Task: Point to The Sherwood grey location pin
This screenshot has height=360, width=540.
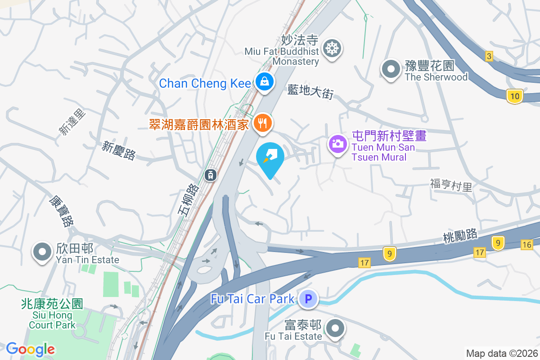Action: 391,69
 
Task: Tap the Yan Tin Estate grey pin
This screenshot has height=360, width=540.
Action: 43,252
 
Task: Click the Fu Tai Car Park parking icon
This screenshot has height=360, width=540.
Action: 308,298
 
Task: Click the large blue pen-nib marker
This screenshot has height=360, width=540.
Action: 270,157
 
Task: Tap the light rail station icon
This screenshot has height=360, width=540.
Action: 210,175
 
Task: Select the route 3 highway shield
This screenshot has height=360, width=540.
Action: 489,56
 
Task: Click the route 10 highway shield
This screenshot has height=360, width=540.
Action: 514,95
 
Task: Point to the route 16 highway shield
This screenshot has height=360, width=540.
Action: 527,245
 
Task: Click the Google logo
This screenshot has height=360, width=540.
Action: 31,349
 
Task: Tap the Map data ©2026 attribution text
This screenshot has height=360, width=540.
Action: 502,353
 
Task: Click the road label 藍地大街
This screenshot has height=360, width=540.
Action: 310,92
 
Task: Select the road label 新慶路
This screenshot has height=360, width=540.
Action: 119,150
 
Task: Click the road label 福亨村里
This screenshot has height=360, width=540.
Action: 451,185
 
